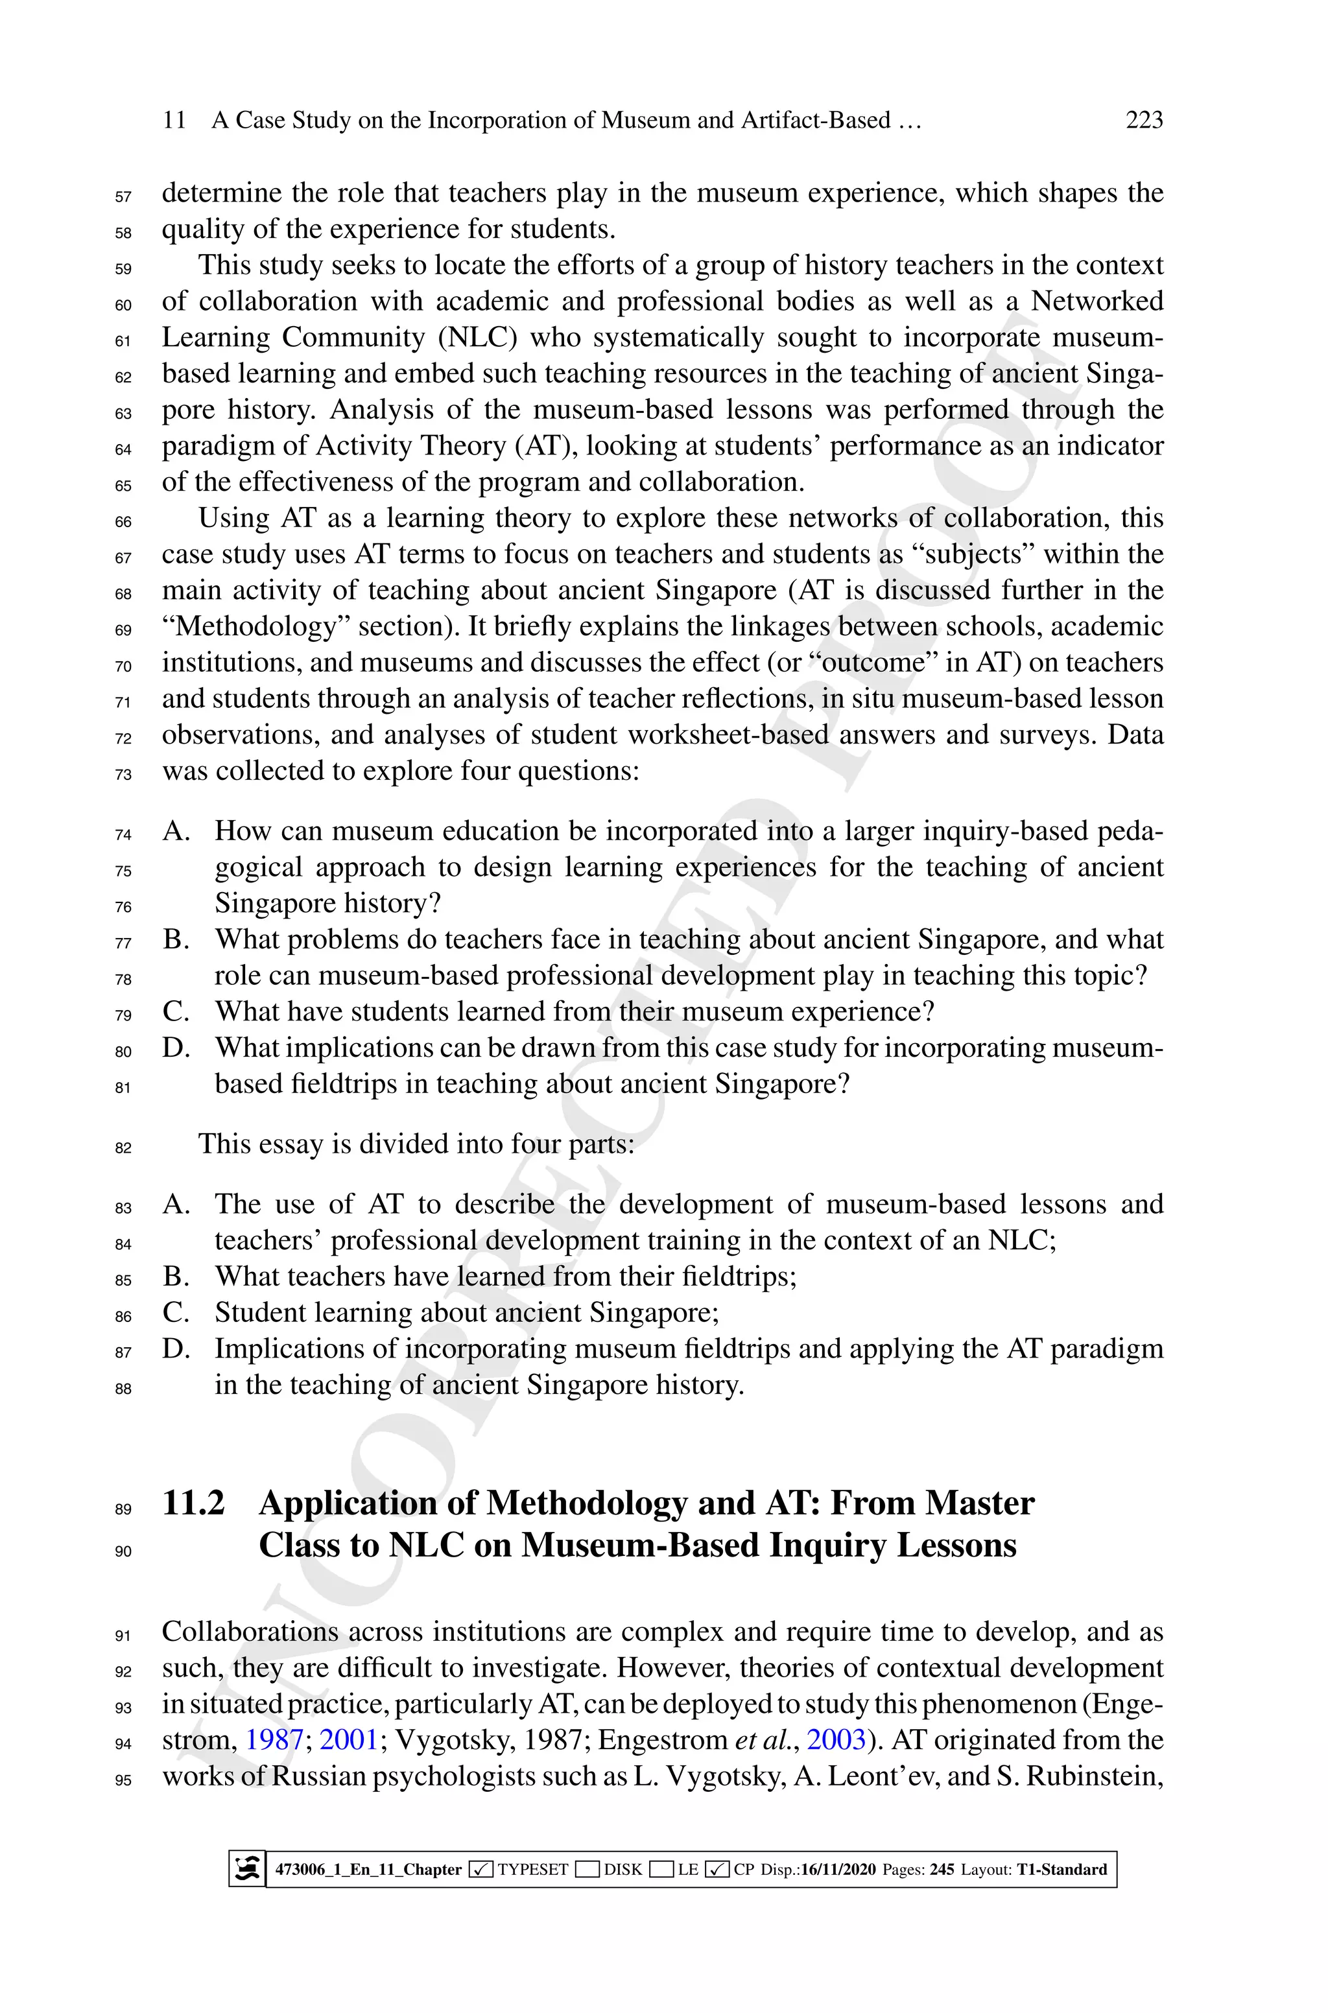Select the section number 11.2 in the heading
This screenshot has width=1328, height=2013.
pos(194,1503)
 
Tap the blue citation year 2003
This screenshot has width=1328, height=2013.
pos(836,1739)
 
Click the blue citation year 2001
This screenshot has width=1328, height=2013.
pos(348,1739)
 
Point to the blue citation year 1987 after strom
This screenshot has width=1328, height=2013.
pos(274,1739)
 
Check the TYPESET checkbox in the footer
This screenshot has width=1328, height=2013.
pos(480,1869)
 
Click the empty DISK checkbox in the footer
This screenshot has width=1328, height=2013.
pos(587,1869)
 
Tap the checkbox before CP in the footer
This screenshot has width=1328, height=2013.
pos(717,1869)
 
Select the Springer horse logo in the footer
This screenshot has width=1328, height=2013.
pos(247,1868)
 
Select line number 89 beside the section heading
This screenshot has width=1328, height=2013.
pos(124,1509)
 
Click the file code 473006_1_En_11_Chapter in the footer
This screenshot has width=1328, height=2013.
pos(368,1869)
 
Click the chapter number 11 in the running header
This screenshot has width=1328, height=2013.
pos(174,120)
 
